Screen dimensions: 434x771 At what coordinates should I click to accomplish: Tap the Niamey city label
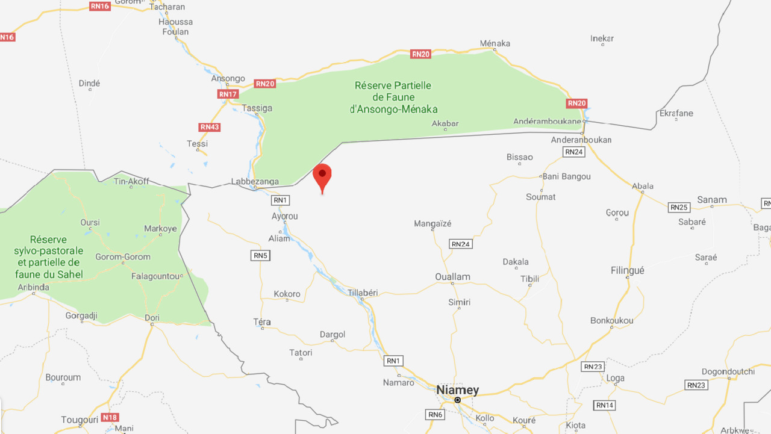tap(457, 390)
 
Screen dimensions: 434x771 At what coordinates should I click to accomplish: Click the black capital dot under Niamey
tap(458, 400)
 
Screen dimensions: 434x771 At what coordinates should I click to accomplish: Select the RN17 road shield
tap(228, 95)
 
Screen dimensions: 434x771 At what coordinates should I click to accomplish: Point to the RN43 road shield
tap(209, 127)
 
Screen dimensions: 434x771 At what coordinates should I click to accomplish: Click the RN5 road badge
tap(260, 256)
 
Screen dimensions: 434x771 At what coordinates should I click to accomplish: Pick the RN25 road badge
tap(679, 208)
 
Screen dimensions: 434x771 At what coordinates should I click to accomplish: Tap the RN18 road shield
tap(110, 417)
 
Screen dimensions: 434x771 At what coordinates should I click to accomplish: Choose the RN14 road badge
tap(605, 405)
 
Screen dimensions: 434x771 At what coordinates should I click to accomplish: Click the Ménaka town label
tap(495, 43)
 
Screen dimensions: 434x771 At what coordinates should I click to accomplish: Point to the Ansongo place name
tap(228, 78)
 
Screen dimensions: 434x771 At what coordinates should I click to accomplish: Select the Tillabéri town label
tap(363, 293)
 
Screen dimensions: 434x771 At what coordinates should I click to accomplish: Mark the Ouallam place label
tap(452, 277)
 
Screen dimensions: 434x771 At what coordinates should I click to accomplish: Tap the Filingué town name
tap(627, 271)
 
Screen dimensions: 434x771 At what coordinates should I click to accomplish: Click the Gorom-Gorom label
tap(123, 257)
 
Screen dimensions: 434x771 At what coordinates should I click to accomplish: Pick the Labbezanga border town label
tap(255, 181)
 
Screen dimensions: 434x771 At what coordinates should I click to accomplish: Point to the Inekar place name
tap(602, 39)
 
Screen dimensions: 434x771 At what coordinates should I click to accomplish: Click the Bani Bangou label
tap(566, 176)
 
